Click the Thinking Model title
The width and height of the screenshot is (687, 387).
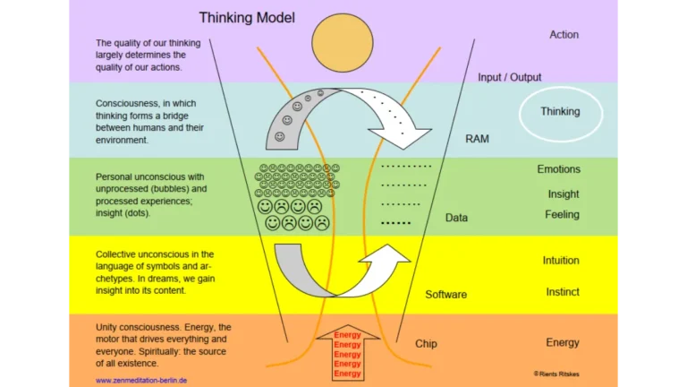(x=246, y=17)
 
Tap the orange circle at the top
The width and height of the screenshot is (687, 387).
(x=342, y=42)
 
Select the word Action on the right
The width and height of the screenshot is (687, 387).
(x=564, y=35)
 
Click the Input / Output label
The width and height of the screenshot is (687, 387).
(x=509, y=77)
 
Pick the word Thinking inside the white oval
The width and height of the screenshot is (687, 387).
(x=560, y=112)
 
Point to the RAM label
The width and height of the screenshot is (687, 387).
(x=477, y=139)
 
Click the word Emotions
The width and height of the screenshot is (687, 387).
(x=558, y=169)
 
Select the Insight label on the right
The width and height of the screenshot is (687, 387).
(x=564, y=194)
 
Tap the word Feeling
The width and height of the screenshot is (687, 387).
(x=562, y=215)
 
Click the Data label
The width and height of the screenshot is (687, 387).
(x=456, y=218)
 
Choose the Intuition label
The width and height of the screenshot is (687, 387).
(x=561, y=261)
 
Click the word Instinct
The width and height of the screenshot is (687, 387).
(x=563, y=292)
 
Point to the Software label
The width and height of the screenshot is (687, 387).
(x=445, y=295)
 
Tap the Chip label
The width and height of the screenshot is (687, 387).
(x=426, y=344)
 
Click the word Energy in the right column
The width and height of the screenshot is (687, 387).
(x=563, y=343)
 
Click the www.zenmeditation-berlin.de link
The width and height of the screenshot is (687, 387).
(x=140, y=380)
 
